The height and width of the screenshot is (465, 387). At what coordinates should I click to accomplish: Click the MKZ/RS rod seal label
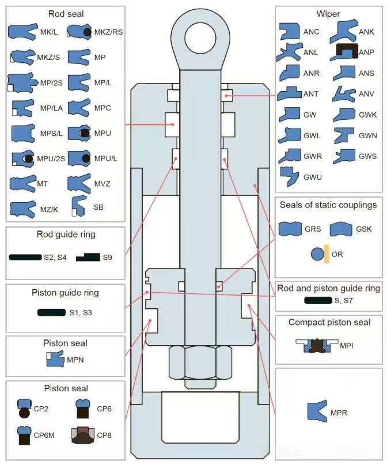[108, 32]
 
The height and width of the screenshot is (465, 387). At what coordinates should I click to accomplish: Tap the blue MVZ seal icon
[79, 183]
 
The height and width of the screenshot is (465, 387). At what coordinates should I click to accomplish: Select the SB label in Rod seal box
[99, 206]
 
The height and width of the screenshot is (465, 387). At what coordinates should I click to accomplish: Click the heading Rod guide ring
[66, 235]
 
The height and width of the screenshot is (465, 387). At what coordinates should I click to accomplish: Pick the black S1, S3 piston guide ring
[51, 312]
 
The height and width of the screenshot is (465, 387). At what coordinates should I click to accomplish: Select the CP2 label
[42, 409]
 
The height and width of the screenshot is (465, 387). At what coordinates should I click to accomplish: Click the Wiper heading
[328, 14]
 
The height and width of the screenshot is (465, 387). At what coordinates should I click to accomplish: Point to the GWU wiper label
[313, 176]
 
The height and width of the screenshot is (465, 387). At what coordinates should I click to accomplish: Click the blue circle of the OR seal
[317, 254]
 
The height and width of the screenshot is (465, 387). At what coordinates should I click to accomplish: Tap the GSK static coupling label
[364, 229]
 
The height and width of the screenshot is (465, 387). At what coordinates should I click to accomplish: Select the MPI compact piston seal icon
[316, 345]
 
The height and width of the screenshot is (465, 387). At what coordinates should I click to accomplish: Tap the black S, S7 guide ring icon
[317, 300]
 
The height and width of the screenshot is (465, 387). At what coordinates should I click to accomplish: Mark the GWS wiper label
[367, 156]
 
